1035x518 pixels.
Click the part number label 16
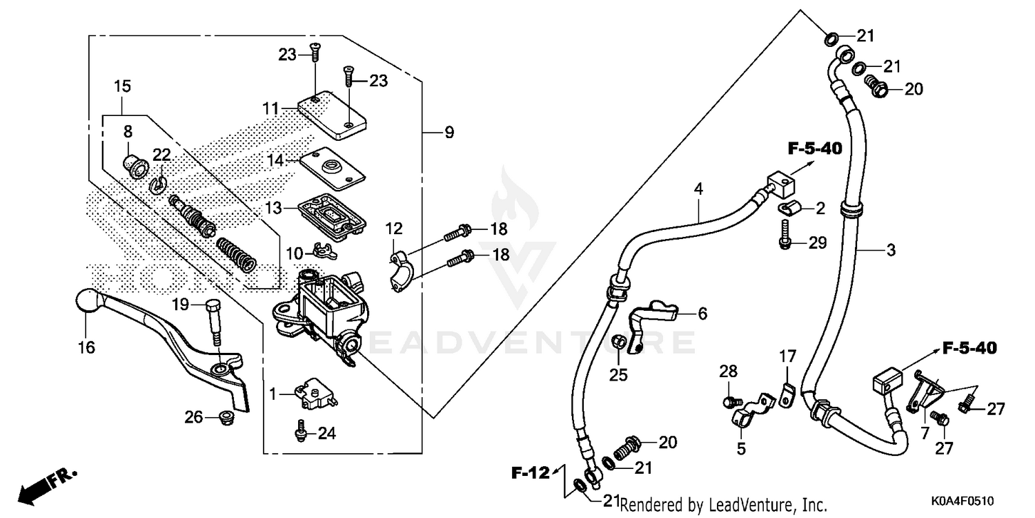[x=87, y=347]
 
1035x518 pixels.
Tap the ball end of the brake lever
[x=87, y=301]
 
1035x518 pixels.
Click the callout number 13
[x=274, y=208]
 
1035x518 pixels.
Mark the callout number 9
[x=449, y=132]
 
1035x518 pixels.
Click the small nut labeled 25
[x=619, y=341]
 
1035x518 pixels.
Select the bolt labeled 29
[x=785, y=234]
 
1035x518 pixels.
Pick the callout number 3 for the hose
[x=890, y=250]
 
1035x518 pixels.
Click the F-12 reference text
[x=530, y=473]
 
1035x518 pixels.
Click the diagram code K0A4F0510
[x=963, y=499]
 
